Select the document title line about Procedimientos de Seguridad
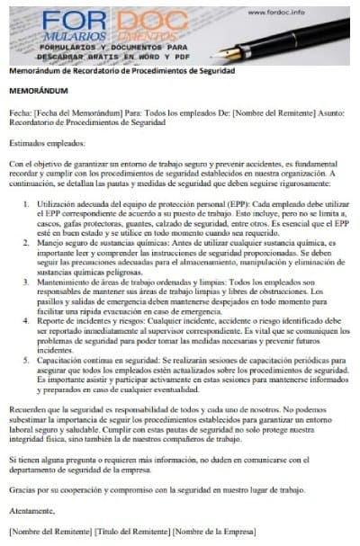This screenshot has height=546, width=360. (121, 70)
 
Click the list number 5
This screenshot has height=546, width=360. (26, 363)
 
